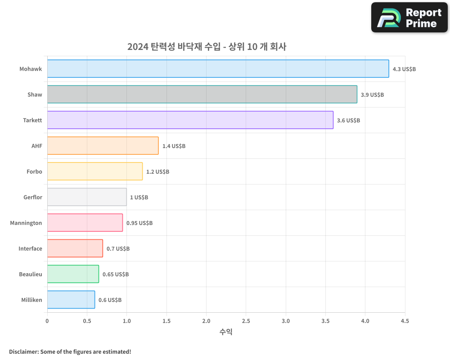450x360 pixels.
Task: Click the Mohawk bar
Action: click(x=218, y=69)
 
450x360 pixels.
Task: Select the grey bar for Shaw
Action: click(x=202, y=94)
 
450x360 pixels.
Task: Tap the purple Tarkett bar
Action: click(x=190, y=120)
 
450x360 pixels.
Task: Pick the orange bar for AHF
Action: click(x=103, y=146)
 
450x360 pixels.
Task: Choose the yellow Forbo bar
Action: click(x=94, y=171)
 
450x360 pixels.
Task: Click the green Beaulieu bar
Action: click(x=73, y=274)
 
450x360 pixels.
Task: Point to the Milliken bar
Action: click(x=71, y=300)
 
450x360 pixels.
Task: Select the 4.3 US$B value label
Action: click(x=404, y=69)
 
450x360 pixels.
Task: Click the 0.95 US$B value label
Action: click(x=139, y=223)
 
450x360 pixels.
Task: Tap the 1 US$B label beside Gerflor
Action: click(x=139, y=198)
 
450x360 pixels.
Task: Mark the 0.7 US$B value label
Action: click(x=118, y=249)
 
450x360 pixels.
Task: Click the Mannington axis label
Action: click(x=26, y=223)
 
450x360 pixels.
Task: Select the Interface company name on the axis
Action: click(x=30, y=249)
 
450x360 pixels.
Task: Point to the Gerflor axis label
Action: click(x=33, y=198)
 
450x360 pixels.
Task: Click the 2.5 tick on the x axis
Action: click(x=246, y=321)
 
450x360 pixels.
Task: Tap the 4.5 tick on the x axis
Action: click(x=405, y=321)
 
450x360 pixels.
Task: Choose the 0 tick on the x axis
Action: click(x=47, y=321)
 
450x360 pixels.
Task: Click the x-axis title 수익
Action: click(x=226, y=332)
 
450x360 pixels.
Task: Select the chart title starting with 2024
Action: click(x=207, y=46)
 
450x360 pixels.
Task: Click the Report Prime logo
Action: click(x=409, y=18)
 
